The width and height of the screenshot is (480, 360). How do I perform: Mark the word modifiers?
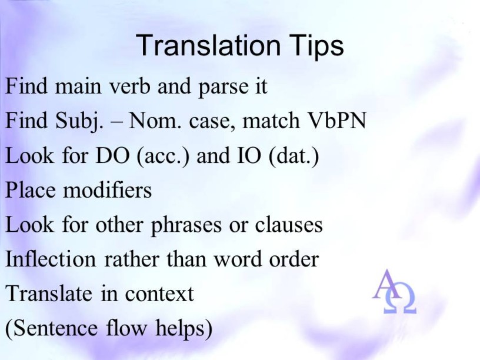click(108, 190)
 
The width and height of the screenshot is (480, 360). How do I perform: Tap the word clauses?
click(289, 225)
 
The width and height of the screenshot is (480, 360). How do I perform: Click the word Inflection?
click(51, 259)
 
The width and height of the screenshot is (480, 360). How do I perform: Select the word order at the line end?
click(294, 259)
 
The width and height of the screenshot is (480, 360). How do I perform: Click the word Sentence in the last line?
click(55, 328)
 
